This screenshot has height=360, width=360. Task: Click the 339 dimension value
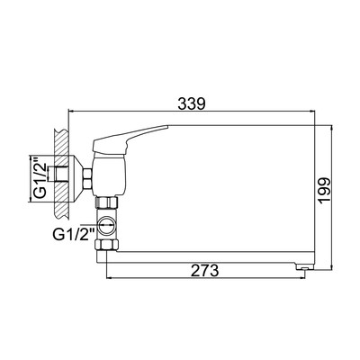[x=192, y=103]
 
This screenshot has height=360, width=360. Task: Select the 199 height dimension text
[x=325, y=191]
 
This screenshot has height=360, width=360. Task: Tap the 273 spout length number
[x=205, y=271]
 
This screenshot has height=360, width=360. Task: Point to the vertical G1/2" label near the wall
[x=40, y=178]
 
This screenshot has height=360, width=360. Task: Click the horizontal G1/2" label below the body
[x=74, y=234]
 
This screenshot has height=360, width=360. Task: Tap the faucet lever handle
[x=129, y=139]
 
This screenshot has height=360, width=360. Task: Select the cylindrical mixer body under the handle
[x=109, y=175]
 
